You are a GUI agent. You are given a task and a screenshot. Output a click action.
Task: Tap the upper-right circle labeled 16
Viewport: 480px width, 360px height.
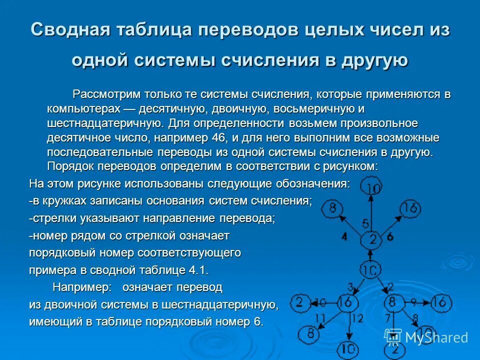[409, 208]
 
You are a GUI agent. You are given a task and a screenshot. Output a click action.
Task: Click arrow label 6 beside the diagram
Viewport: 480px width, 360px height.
[390, 236]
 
